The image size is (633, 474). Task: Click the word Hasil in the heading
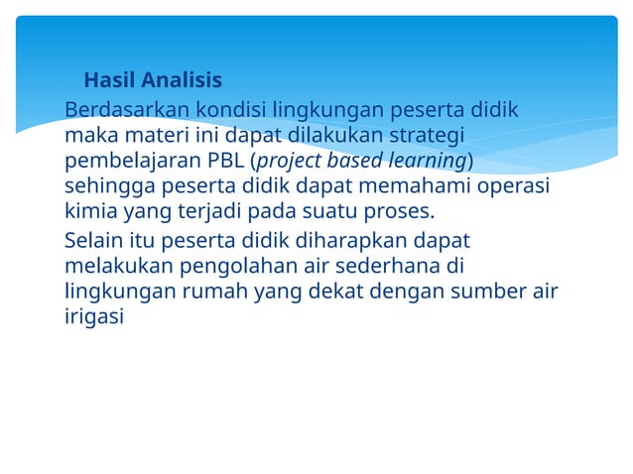(x=109, y=80)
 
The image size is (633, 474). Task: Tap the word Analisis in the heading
(x=181, y=80)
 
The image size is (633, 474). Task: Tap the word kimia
(x=91, y=212)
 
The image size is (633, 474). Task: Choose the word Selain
(x=95, y=241)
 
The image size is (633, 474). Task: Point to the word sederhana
(x=391, y=267)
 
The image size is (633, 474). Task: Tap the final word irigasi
(x=94, y=318)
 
